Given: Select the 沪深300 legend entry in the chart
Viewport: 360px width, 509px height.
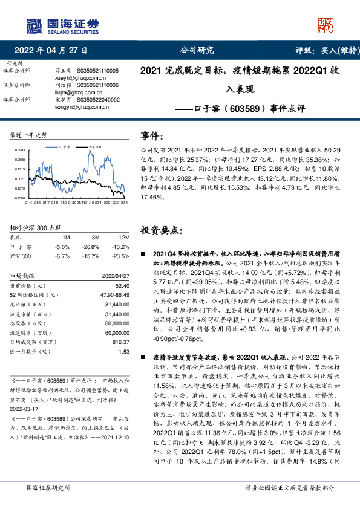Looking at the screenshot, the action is click(x=94, y=147).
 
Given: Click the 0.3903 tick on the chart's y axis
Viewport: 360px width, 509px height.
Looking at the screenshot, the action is click(x=19, y=149).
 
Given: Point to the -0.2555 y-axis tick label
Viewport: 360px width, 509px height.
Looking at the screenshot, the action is click(x=19, y=198).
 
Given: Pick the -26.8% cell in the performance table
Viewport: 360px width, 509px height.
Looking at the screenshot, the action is click(x=91, y=247).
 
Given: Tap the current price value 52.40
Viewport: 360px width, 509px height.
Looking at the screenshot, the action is click(x=123, y=285).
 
